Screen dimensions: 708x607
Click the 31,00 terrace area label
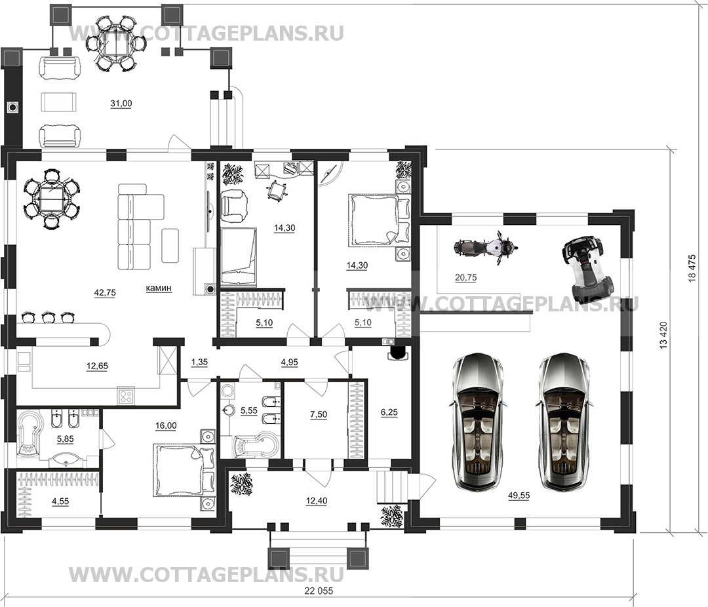pos(121,104)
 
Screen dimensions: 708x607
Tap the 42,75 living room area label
pos(105,293)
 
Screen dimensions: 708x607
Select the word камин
pos(159,288)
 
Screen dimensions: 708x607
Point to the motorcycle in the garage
pos(485,248)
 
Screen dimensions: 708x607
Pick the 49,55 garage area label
pos(519,496)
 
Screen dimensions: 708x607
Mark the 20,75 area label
pos(465,278)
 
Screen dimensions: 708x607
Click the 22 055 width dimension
pos(319,591)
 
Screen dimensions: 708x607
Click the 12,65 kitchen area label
pos(97,366)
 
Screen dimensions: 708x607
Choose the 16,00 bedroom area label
pos(166,425)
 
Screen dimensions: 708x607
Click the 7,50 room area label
pos(319,414)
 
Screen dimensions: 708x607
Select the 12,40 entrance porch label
pos(316,500)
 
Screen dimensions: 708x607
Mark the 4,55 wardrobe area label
pos(60,501)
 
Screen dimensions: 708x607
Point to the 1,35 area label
pos(199,362)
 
